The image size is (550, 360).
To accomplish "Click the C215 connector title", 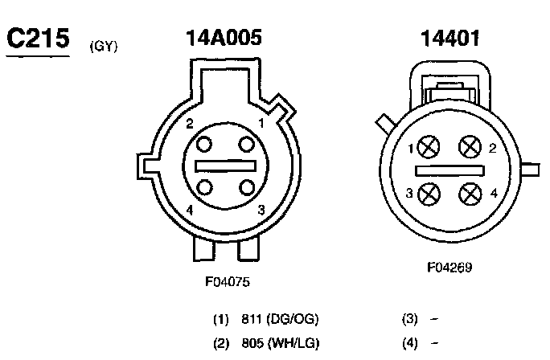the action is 38,38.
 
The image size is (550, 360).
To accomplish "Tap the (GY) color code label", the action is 104,47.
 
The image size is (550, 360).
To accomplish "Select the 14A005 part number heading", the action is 224,38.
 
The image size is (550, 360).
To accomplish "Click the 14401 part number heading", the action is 450,39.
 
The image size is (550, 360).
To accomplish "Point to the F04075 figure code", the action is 228,282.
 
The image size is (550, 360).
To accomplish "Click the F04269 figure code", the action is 449,268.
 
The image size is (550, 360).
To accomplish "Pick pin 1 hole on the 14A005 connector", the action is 246,145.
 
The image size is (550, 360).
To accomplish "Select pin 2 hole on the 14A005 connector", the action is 203,145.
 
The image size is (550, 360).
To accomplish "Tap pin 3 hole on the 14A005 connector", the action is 247,187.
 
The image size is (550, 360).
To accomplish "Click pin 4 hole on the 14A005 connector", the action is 204,187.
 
